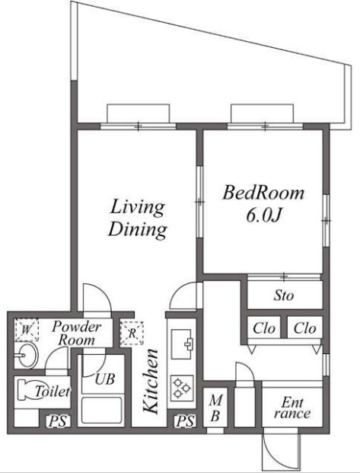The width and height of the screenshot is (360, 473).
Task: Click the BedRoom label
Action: [263, 193]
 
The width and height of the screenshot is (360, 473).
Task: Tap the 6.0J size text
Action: [264, 216]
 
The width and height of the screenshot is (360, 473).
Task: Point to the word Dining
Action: [138, 231]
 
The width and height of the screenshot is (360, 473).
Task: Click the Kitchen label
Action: [150, 381]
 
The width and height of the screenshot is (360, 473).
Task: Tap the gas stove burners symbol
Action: [182, 388]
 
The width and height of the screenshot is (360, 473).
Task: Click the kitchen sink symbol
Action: [182, 344]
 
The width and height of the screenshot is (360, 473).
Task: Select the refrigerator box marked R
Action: [132, 333]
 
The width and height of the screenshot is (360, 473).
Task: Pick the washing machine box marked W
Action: [27, 330]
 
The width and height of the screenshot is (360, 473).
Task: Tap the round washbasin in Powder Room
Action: [27, 355]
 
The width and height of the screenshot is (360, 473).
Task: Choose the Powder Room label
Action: [77, 333]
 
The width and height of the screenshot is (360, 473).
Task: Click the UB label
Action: [105, 379]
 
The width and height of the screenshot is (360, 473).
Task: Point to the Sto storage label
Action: [283, 295]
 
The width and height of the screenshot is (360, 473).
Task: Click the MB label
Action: [215, 407]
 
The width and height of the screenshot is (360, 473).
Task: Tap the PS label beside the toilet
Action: [58, 421]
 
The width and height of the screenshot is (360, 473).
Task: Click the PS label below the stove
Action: [185, 421]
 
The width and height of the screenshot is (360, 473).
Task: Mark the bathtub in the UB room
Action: [102, 411]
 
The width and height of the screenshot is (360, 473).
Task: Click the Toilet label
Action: [53, 392]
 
